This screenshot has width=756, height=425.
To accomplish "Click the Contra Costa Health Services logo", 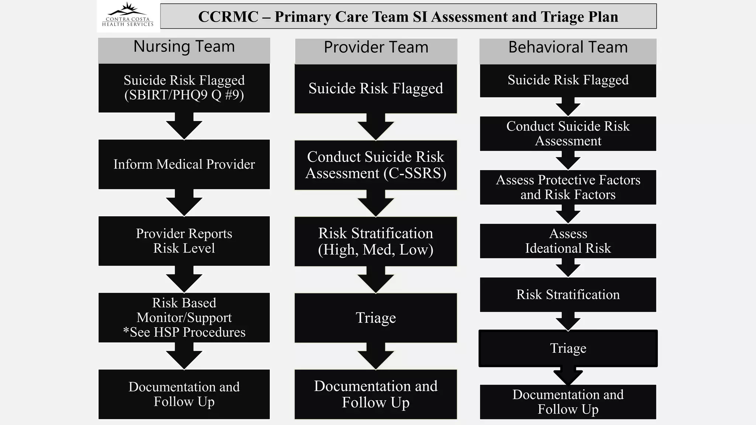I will pos(128,16).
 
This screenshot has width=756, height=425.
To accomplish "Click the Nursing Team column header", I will pos(184,47).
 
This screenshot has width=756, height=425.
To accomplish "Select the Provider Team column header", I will pos(376,48).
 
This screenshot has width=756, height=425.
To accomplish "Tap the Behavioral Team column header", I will pos(568,48).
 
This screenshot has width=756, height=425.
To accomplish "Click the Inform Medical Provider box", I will pos(184,164).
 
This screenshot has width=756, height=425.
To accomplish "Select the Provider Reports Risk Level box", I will pos(184,241).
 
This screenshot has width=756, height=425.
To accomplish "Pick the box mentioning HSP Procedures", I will pos(184,317).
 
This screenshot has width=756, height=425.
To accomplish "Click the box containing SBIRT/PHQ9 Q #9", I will pos(184,88).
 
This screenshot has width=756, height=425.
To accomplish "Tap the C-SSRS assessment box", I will pos(376,165).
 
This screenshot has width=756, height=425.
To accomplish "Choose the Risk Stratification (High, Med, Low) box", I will pos(376,241).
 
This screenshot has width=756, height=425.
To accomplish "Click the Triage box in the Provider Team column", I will pos(376,318).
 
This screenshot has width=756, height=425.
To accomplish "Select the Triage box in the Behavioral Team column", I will pos(568,348).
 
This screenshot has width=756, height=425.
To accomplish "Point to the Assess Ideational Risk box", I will pos(568,241).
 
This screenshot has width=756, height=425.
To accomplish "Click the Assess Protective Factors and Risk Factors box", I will pos(568,187).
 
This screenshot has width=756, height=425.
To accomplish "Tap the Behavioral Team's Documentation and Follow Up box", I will pos(568,402).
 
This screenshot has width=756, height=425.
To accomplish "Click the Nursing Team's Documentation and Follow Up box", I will pos(184,394).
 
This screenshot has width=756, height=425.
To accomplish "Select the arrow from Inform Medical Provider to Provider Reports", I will pos(184,203).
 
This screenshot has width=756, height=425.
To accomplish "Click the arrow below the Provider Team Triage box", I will pos(376,356).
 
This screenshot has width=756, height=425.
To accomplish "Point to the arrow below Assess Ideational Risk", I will pos(568,268).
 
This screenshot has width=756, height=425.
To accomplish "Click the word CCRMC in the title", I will pos(228,17).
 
